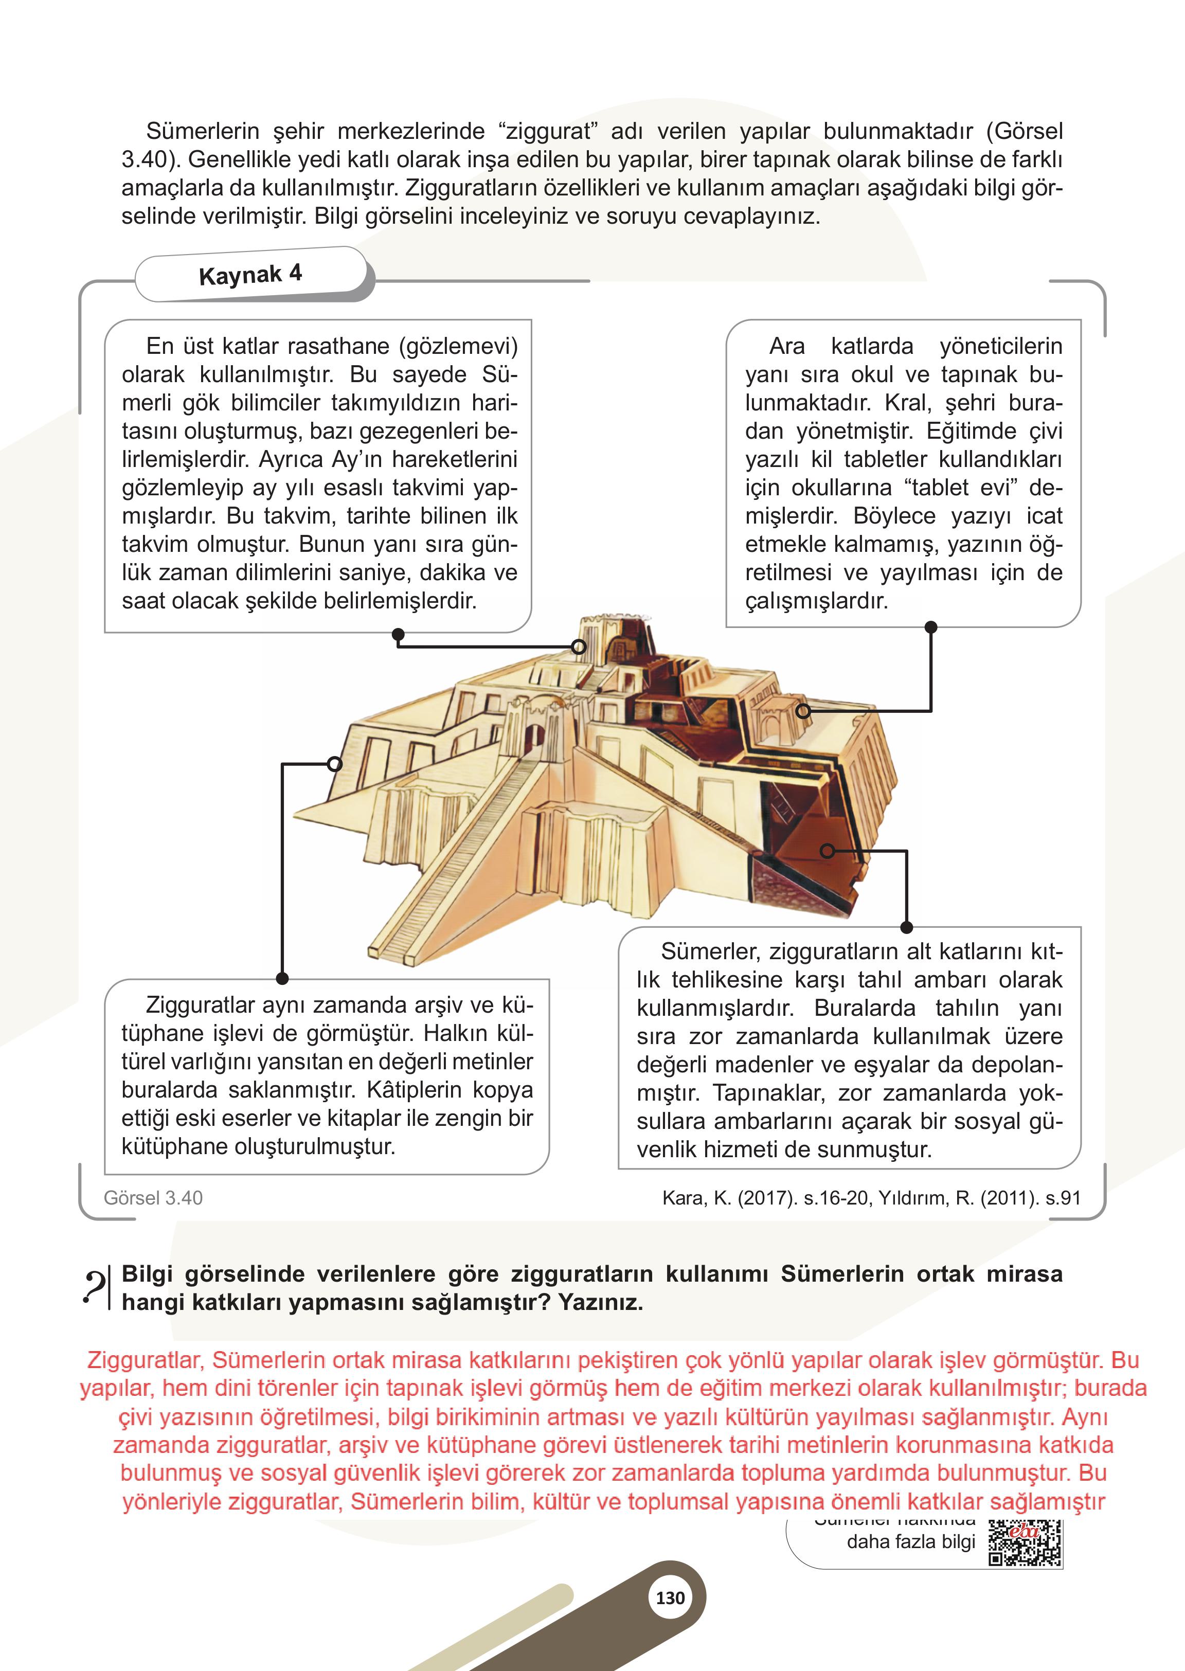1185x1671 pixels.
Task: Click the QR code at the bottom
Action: tap(1025, 1544)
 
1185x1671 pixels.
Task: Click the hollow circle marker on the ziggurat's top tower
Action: tap(579, 646)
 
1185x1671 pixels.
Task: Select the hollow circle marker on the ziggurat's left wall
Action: tap(334, 764)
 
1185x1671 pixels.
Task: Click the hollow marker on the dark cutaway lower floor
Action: tap(827, 851)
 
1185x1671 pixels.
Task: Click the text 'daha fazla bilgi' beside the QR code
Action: tap(911, 1542)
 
